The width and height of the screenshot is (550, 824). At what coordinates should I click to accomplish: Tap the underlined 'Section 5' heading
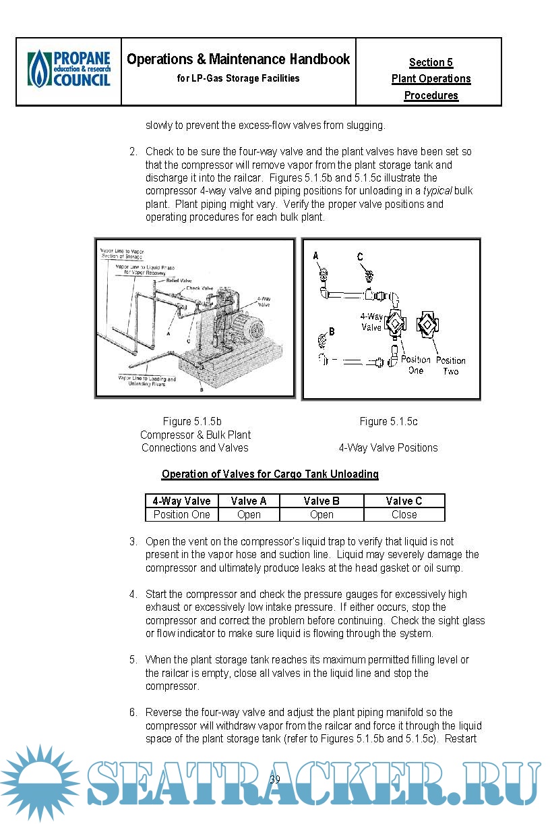[x=431, y=63]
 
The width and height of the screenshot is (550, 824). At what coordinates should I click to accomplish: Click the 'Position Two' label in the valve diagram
[x=450, y=366]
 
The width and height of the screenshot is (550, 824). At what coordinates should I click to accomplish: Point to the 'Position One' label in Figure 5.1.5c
[x=415, y=365]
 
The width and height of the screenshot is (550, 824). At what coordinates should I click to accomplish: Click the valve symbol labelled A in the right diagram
[x=322, y=273]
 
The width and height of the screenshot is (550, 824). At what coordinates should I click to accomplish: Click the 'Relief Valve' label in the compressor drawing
[x=181, y=280]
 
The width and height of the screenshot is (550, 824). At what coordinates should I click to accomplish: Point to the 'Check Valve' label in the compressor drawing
[x=200, y=288]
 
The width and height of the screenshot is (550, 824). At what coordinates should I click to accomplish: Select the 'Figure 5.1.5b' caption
[x=192, y=422]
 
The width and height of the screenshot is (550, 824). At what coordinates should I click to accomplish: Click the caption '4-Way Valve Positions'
[x=388, y=447]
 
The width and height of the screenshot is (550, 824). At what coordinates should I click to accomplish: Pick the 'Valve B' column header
[x=322, y=501]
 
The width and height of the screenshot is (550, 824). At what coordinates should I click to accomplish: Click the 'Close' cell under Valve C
[x=404, y=514]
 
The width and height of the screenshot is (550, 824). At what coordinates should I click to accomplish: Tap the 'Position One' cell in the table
[x=181, y=514]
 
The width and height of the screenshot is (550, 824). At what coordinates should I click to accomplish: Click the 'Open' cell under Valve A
[x=249, y=514]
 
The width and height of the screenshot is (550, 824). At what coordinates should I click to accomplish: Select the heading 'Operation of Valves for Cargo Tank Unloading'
[x=270, y=474]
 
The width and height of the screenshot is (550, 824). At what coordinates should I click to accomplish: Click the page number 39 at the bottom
[x=275, y=780]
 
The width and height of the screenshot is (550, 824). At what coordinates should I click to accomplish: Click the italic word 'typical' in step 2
[x=437, y=191]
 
